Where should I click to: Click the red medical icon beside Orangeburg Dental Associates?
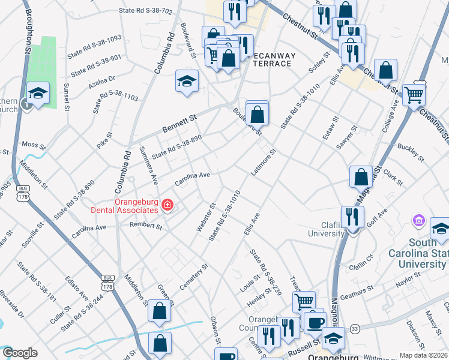click(x=166, y=205)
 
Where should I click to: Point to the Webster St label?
click(x=205, y=218)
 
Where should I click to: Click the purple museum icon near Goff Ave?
click(x=418, y=222)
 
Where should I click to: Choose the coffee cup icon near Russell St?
click(x=314, y=322)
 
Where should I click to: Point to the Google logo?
click(x=20, y=353)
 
